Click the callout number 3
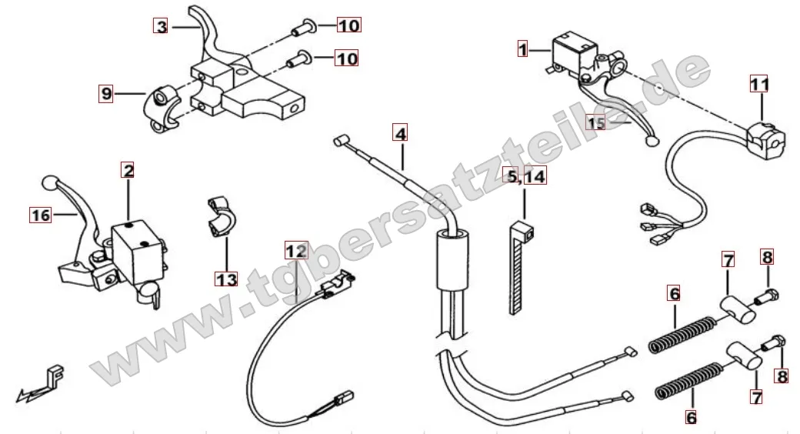click(161, 25)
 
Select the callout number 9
click(106, 93)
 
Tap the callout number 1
click(522, 49)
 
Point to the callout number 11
click(759, 84)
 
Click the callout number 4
click(401, 133)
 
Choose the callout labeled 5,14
click(524, 176)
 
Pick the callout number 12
click(296, 250)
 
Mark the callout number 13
click(226, 279)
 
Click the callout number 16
click(41, 215)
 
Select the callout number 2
click(128, 170)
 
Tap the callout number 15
click(595, 122)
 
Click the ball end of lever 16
click(49, 182)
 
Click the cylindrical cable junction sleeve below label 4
click(452, 260)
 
